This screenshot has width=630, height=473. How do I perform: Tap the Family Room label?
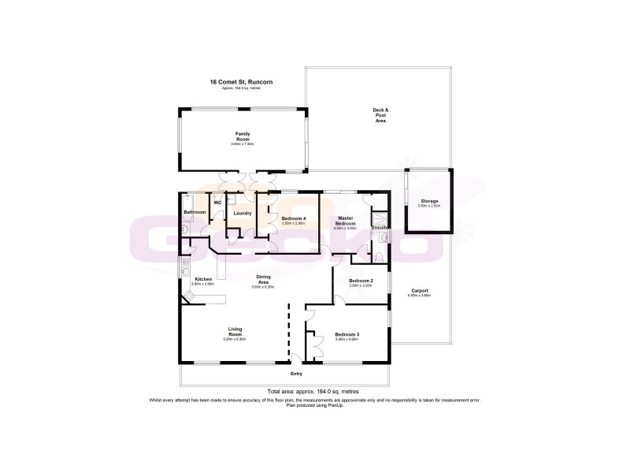[x=243, y=136]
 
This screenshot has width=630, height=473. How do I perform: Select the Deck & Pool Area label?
[x=380, y=115]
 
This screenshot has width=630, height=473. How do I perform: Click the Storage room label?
[x=429, y=201]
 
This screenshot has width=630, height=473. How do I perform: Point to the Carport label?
[x=418, y=291]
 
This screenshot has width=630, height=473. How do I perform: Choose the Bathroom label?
[x=195, y=212]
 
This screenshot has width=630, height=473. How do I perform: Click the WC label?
[x=217, y=203]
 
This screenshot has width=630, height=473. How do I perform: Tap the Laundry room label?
[x=243, y=212]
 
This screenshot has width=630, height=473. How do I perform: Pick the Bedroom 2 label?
[x=361, y=281]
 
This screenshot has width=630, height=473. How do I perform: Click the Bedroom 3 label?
[x=347, y=335]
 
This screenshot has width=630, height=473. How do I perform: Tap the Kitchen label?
[x=203, y=280]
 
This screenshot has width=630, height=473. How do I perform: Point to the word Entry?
[x=296, y=373]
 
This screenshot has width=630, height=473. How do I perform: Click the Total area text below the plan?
[x=313, y=391]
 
